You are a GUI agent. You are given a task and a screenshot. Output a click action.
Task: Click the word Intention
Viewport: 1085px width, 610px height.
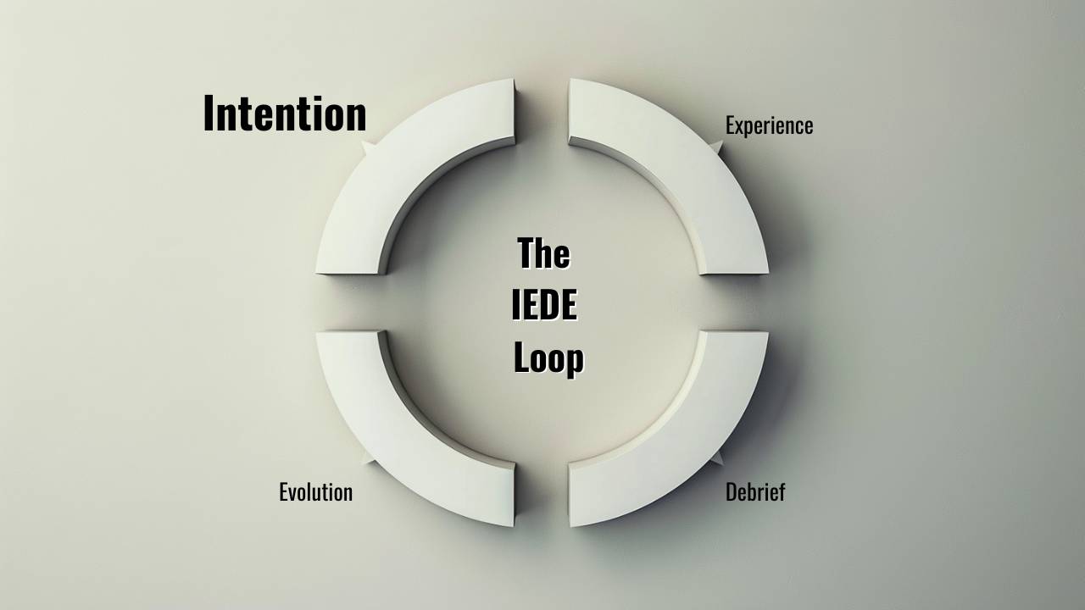(285, 114)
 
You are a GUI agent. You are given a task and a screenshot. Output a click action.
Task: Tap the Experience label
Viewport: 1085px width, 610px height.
(769, 125)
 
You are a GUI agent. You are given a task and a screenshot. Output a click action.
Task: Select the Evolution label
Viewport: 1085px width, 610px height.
(315, 492)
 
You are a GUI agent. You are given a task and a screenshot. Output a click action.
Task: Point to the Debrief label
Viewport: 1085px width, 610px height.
(755, 492)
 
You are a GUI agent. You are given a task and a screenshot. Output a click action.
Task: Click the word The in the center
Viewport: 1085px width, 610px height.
(543, 253)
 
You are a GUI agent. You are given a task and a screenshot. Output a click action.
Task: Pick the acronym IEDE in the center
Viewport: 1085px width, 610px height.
(544, 306)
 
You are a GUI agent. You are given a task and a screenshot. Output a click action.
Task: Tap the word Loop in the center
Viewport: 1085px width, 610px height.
(548, 358)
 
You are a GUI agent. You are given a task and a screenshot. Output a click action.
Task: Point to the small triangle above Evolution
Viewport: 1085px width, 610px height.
(366, 458)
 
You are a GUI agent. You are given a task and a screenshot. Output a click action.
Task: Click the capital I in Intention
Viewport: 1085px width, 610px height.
(209, 114)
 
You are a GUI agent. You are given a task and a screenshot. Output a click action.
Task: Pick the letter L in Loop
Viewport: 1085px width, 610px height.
(521, 358)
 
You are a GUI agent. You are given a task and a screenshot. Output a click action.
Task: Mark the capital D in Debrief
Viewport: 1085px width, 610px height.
(732, 492)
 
